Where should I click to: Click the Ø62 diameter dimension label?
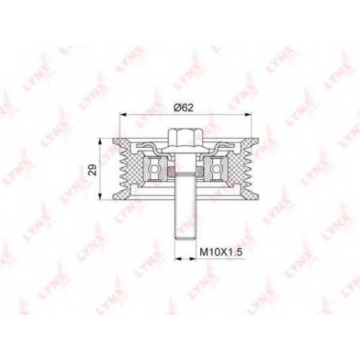183,108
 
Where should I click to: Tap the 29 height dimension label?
92,169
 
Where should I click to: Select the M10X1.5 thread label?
221,252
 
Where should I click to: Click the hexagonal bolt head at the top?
186,138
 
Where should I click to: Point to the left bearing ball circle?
154,169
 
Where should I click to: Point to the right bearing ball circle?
217,169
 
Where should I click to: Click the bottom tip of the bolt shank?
186,239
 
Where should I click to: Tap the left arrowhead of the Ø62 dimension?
122,114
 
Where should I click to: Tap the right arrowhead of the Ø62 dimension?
248,114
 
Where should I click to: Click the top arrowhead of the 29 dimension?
100,141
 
